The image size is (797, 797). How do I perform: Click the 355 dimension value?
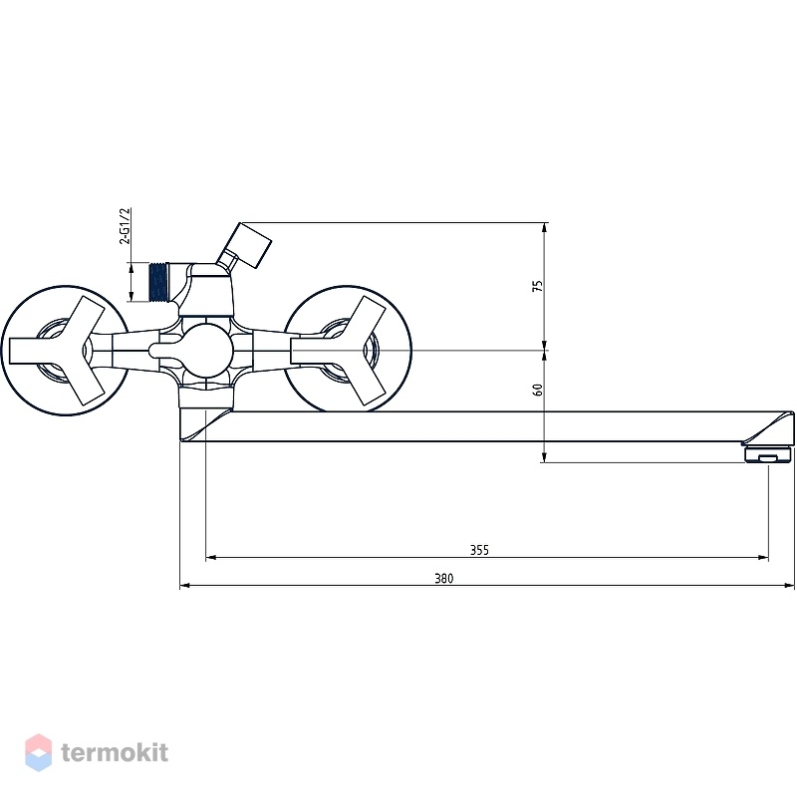click(x=479, y=550)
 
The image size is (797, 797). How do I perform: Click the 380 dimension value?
click(x=443, y=579)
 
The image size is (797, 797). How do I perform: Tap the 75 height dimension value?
click(x=537, y=286)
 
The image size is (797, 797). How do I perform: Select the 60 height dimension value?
click(x=537, y=390)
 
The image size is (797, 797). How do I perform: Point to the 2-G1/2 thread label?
click(x=125, y=226)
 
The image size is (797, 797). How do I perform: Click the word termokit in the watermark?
click(x=115, y=753)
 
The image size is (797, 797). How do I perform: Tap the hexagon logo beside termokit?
click(x=38, y=753)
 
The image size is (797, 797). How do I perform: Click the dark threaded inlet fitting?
click(x=158, y=282)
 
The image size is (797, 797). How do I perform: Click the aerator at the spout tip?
click(x=768, y=454)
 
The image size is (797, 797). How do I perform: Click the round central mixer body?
click(x=206, y=351)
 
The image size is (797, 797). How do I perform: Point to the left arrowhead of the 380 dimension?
click(x=185, y=586)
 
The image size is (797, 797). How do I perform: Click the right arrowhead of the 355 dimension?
click(x=763, y=558)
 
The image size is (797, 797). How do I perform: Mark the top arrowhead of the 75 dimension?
click(x=544, y=228)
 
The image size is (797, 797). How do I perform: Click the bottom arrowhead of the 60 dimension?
click(x=544, y=457)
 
